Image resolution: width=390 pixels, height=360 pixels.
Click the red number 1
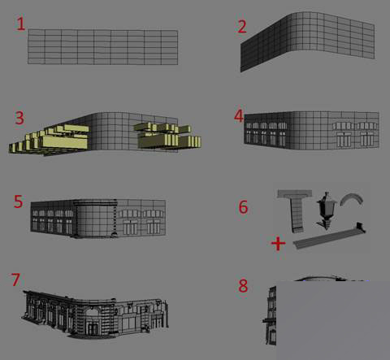[21, 24]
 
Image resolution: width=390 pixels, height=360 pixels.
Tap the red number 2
[241, 26]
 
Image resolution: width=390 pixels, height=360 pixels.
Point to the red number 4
[238, 116]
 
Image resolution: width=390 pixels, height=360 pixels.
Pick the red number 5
[18, 201]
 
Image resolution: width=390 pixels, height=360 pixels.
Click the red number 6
[243, 206]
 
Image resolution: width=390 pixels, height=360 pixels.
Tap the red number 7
[15, 280]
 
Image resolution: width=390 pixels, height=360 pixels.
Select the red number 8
[243, 285]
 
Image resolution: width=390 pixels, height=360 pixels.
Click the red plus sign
[277, 243]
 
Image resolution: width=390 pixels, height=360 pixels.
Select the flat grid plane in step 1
[102, 47]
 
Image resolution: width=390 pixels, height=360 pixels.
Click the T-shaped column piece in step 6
[295, 207]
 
